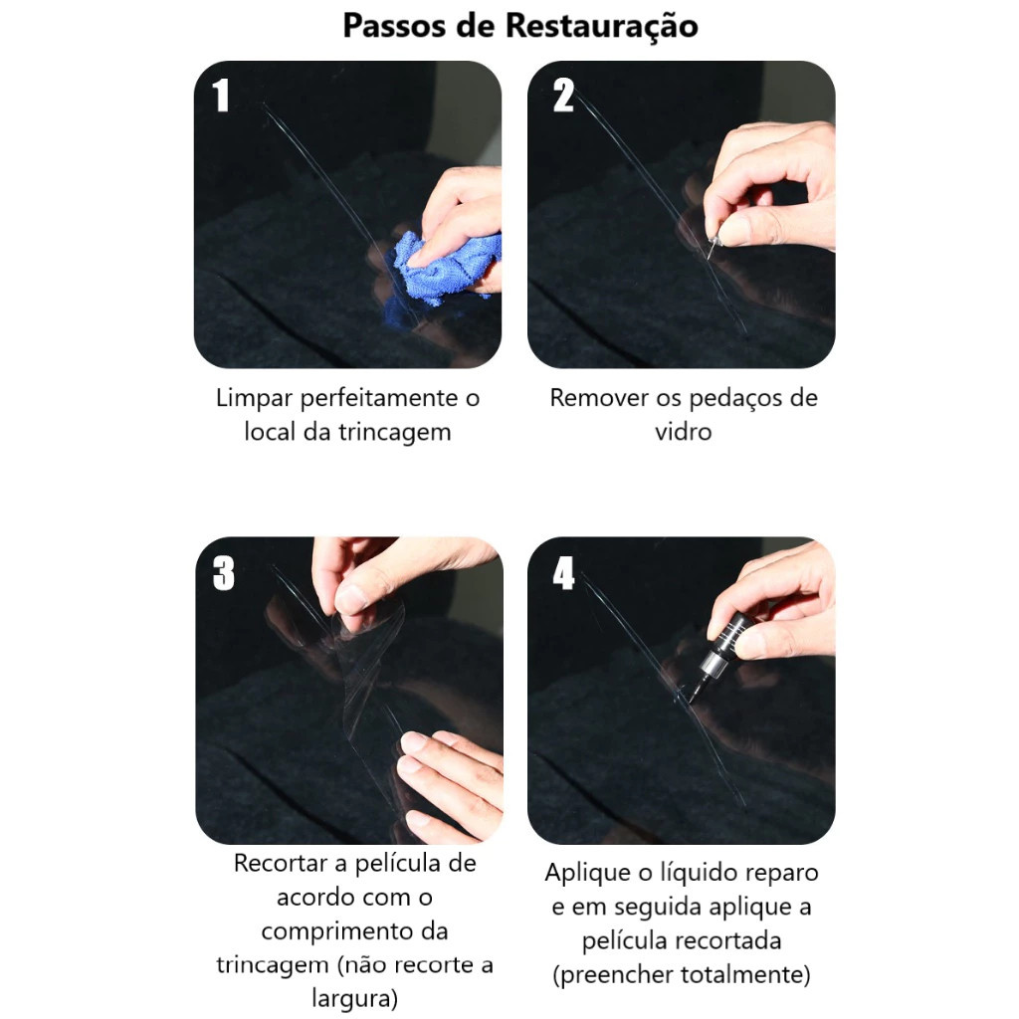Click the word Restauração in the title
coord(601,26)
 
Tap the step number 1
coord(221,95)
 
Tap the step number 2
coord(563,95)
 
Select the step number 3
coord(223,573)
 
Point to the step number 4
coord(563,573)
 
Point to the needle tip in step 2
coord(709,258)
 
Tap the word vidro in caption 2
coord(683,432)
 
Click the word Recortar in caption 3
coord(281,863)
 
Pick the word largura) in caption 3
coord(355,998)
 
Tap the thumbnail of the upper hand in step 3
coord(351,599)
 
